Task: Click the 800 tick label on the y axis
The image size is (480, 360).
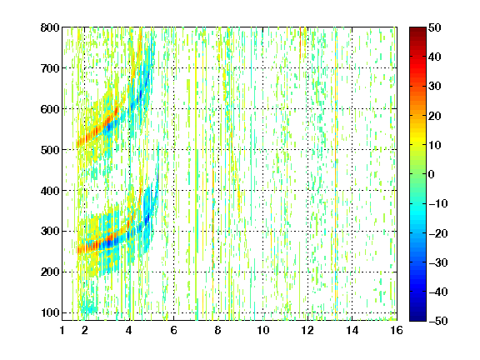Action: pyautogui.click(x=50, y=27)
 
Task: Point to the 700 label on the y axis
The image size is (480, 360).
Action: pyautogui.click(x=50, y=68)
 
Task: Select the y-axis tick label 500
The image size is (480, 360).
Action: pyautogui.click(x=50, y=150)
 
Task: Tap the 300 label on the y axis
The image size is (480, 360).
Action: pyautogui.click(x=50, y=232)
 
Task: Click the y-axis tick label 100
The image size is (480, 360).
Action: pyautogui.click(x=50, y=312)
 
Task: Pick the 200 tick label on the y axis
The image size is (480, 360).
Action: pyautogui.click(x=50, y=272)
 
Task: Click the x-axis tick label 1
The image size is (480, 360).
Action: pyautogui.click(x=62, y=330)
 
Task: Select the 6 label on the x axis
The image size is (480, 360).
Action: pyautogui.click(x=173, y=330)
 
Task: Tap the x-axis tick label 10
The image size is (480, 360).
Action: pyautogui.click(x=262, y=330)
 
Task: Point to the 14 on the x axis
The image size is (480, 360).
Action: pyautogui.click(x=352, y=330)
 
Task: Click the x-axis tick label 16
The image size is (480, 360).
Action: pyautogui.click(x=397, y=330)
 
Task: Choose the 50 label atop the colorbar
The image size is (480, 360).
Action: pyautogui.click(x=435, y=27)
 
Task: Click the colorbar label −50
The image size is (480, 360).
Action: pyautogui.click(x=437, y=321)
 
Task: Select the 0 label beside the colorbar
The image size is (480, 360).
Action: pyautogui.click(x=432, y=174)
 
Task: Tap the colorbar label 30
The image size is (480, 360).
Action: pyautogui.click(x=435, y=87)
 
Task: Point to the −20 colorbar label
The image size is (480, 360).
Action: pyautogui.click(x=437, y=233)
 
